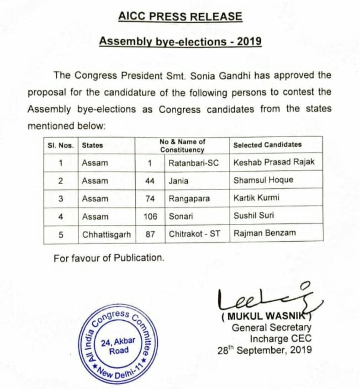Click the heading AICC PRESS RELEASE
coord(180,17)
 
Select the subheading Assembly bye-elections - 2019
coord(180,41)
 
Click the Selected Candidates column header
coord(267,145)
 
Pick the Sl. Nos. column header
coord(61,145)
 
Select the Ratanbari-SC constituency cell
coord(193,163)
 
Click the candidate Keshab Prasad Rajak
coord(274,162)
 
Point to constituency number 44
coord(150,181)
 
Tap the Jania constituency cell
coord(178,181)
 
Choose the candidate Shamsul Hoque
coord(263,180)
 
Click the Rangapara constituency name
coord(189,199)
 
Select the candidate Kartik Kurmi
coord(256,197)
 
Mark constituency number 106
coord(150,216)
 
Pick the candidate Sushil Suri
coord(253,215)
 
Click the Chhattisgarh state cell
coord(106,234)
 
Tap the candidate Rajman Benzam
coord(265,233)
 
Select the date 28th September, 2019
coord(265,350)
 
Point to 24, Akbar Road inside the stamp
coord(118,346)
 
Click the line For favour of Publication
coord(109,258)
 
